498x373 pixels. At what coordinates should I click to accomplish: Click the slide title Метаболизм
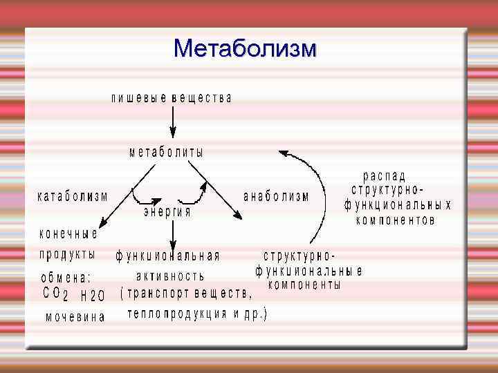[x=246, y=49]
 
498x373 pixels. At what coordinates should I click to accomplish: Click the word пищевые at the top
[x=139, y=98]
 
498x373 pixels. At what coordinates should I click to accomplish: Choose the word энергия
[x=167, y=213]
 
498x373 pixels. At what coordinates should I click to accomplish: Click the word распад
[x=385, y=177]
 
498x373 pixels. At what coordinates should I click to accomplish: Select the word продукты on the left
[x=67, y=254]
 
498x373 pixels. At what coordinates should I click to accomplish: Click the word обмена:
[x=66, y=278]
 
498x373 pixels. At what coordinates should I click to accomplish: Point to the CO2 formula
[x=55, y=294]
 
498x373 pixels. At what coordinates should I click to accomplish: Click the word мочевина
[x=75, y=318]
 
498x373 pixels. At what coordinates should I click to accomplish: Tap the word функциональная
[x=167, y=256]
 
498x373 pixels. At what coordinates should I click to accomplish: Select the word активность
[x=170, y=276]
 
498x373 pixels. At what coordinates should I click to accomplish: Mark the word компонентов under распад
[x=395, y=221]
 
